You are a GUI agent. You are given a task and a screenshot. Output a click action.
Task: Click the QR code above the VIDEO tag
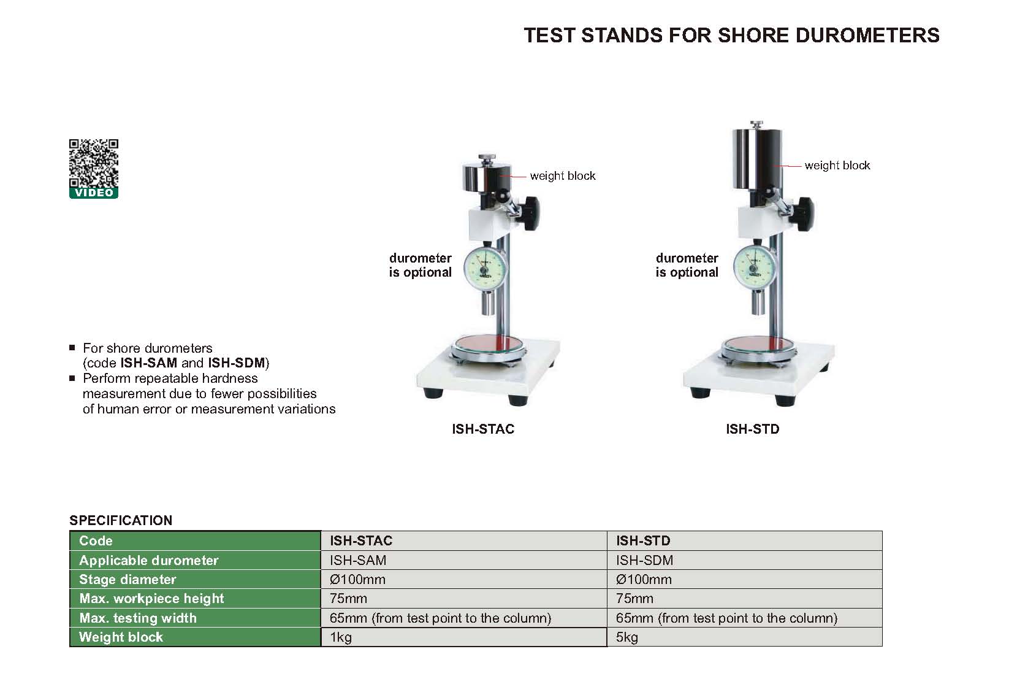coord(94,163)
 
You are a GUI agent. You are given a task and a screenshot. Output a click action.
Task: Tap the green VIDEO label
coord(94,193)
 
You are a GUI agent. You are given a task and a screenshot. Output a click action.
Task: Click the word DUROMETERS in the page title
coord(867,35)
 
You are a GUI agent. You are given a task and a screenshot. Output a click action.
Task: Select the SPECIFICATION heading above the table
coord(121,520)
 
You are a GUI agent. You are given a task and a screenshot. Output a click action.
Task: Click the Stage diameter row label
coord(128,579)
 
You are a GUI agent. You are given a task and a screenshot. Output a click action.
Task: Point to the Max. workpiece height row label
coord(151,598)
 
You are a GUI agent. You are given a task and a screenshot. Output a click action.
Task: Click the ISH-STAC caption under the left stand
coord(483,429)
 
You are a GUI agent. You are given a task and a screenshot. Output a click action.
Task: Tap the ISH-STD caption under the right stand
coord(752,429)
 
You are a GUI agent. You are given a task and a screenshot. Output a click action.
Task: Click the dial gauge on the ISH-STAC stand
coord(485,270)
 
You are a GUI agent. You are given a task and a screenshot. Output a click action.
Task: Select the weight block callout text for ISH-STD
coord(837,166)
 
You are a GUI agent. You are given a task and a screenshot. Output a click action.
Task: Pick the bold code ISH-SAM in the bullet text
coord(148,363)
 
